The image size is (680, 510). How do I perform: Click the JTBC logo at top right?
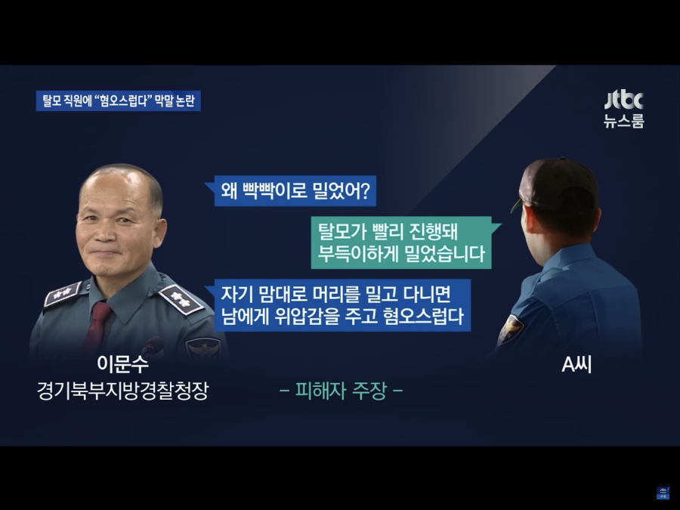click(x=623, y=100)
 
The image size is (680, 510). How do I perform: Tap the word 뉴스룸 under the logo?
click(x=624, y=121)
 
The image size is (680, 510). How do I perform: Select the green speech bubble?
click(x=406, y=243)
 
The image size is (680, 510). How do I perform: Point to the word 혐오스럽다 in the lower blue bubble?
click(x=423, y=317)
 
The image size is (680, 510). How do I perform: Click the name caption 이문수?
click(x=122, y=363)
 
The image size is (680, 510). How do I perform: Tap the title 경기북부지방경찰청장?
click(x=122, y=391)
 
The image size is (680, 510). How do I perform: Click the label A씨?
click(x=576, y=365)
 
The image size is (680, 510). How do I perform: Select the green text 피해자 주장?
click(x=342, y=391)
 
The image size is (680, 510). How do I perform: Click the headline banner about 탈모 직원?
click(x=119, y=101)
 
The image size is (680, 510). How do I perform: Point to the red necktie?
click(x=97, y=324)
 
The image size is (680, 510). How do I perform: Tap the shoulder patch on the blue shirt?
click(x=511, y=329)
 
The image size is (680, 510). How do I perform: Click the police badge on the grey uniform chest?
click(x=202, y=348)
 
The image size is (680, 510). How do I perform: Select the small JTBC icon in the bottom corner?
click(x=663, y=493)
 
